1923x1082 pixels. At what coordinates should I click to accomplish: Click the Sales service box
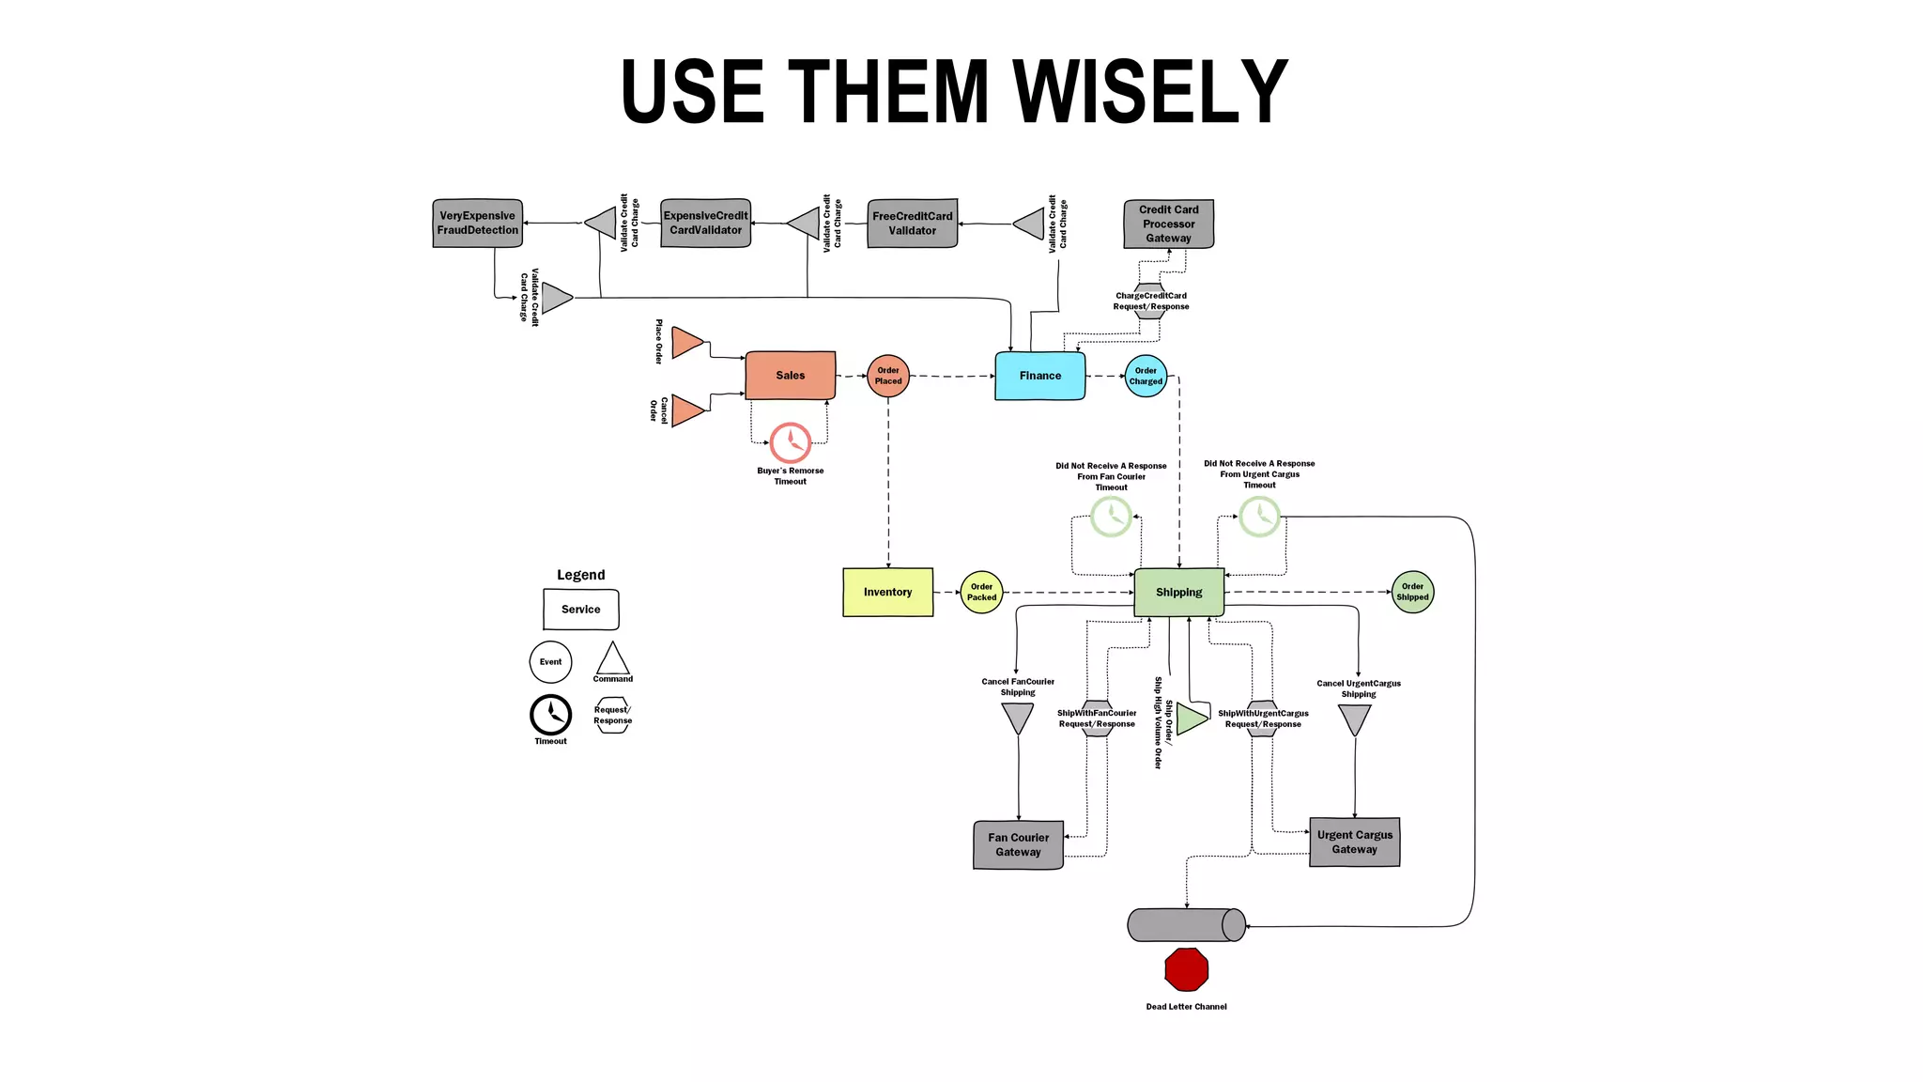tap(790, 375)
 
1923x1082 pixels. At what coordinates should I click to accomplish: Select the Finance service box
tap(1039, 375)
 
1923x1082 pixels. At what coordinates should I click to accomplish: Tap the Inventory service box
tap(887, 592)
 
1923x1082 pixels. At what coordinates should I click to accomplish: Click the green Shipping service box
tap(1178, 592)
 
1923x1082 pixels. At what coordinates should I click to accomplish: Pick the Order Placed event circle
tap(887, 376)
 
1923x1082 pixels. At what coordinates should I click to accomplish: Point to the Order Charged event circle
tap(1146, 376)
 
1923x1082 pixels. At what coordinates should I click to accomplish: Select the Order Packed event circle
tap(981, 592)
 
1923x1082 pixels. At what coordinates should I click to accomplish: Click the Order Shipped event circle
tap(1412, 592)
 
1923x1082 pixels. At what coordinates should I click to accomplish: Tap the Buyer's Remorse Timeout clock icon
tap(790, 441)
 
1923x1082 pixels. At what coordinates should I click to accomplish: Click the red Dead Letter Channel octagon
tap(1186, 969)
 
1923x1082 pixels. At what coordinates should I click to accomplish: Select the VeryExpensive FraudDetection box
tap(477, 223)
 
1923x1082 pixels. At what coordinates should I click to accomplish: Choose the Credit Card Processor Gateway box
tap(1168, 224)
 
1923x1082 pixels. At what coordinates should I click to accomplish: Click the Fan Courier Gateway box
tap(1018, 844)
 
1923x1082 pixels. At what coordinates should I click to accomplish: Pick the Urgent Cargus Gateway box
tap(1354, 842)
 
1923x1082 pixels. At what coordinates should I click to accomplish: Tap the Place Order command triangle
tap(686, 342)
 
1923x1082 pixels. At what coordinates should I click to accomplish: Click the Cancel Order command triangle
tap(686, 410)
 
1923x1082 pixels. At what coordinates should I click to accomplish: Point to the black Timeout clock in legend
tap(550, 715)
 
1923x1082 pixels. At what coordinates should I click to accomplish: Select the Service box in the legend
tap(580, 609)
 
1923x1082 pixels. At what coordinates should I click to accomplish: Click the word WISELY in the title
tap(1150, 91)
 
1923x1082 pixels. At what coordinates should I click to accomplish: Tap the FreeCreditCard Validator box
tap(912, 223)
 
